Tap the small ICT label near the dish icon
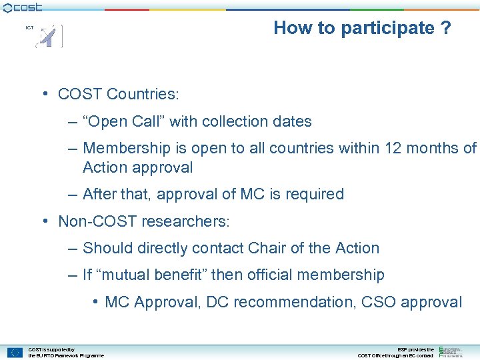[x=29, y=28]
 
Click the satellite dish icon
[x=50, y=37]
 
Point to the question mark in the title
[x=446, y=28]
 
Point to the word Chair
[x=267, y=248]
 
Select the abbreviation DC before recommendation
[x=218, y=302]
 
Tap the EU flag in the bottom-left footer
[x=15, y=353]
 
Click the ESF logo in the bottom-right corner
[x=451, y=352]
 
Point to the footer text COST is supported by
[x=51, y=349]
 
